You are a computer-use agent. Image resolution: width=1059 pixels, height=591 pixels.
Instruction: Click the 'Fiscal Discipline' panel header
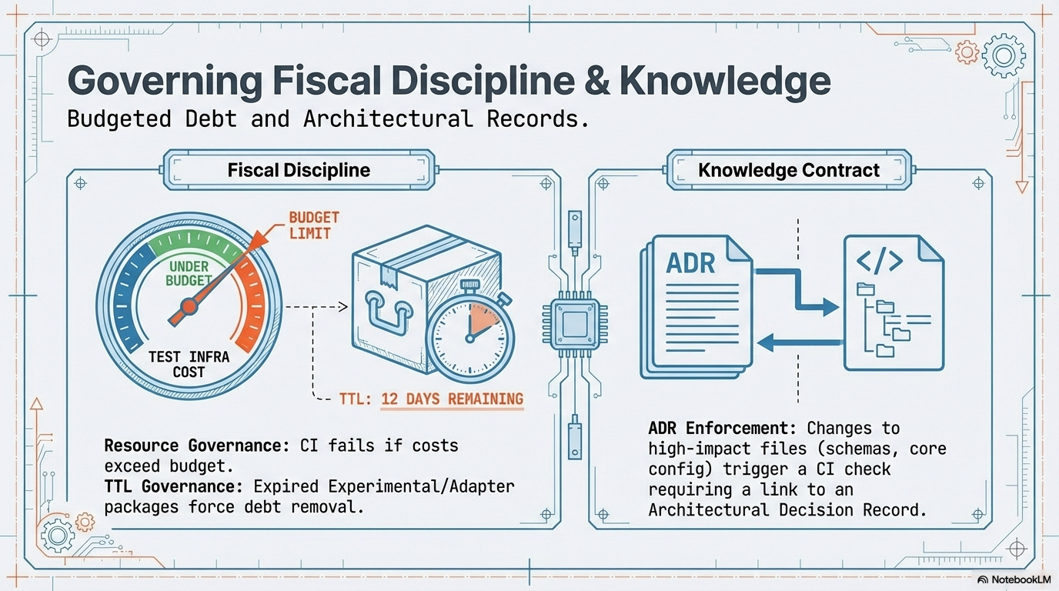(x=299, y=170)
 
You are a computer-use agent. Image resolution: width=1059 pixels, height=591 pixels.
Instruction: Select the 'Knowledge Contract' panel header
(x=788, y=170)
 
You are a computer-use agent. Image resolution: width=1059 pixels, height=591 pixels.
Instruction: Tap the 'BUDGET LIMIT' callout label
(x=314, y=225)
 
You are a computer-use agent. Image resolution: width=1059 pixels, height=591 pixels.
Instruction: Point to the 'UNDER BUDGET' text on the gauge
(x=189, y=272)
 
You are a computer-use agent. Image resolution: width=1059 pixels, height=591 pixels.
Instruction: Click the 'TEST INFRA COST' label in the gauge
(x=189, y=364)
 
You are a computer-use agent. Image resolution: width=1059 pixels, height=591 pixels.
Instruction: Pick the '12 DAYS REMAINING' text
(x=452, y=399)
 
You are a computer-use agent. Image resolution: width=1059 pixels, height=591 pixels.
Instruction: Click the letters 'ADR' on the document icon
(x=691, y=262)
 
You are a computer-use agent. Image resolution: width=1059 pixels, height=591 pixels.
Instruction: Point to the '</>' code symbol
(x=879, y=262)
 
